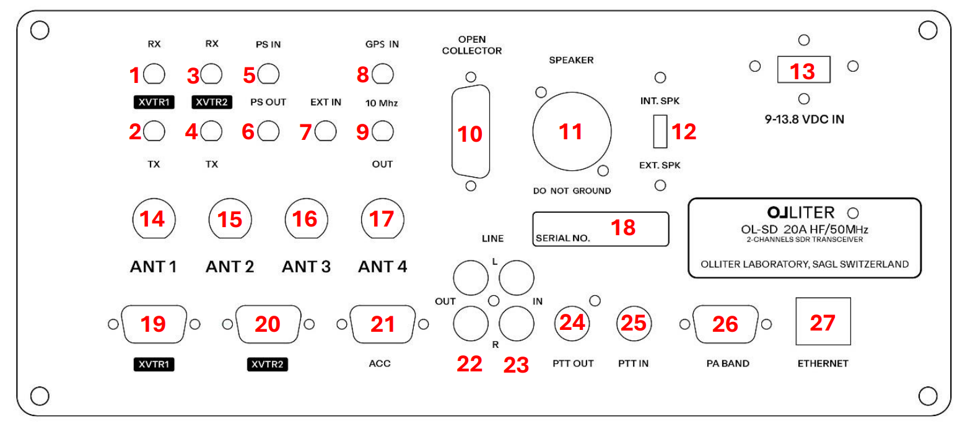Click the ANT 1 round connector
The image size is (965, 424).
pos(153,219)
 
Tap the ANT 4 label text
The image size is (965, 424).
pos(382,267)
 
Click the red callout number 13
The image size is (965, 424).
pos(803,71)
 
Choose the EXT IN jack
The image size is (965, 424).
pos(325,131)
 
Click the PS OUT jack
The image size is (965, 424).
pos(268,131)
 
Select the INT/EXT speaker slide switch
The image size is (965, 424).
pos(660,131)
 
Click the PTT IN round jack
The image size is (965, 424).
pos(632,323)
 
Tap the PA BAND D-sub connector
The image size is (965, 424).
pos(725,324)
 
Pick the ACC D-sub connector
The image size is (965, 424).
pos(382,324)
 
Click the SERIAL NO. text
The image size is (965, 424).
pos(562,237)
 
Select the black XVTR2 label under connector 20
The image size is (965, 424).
pos(268,365)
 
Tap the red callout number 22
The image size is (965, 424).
pos(469,363)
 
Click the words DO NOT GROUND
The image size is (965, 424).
pos(572,191)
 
